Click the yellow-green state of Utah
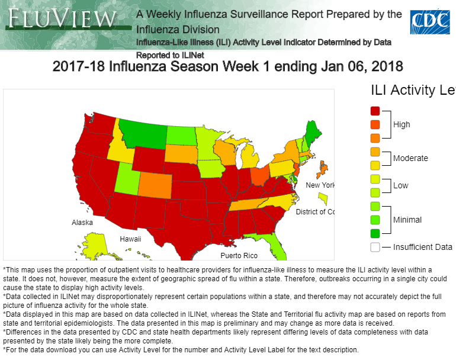[x=126, y=177]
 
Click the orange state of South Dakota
[x=180, y=153]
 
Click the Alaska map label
[x=82, y=223]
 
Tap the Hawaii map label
[x=130, y=239]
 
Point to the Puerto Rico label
[x=239, y=256]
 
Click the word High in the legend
[x=402, y=124]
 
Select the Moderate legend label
[x=410, y=159]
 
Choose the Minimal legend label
[x=407, y=220]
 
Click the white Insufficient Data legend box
[x=375, y=247]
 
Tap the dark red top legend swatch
[x=375, y=111]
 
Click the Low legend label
[x=400, y=185]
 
